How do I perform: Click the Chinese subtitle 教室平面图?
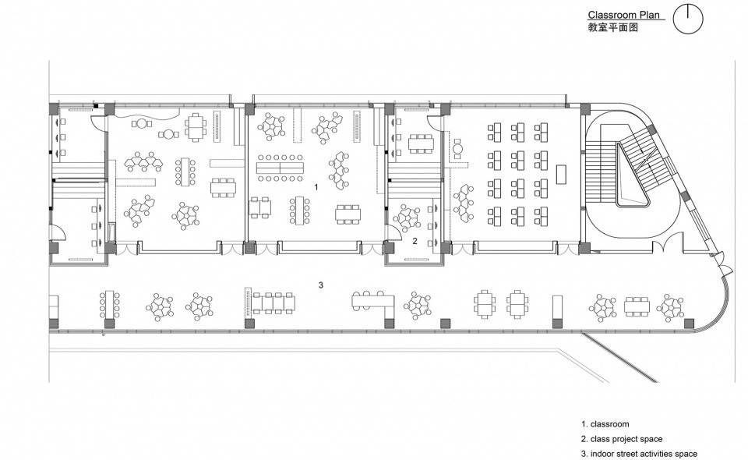click(613, 27)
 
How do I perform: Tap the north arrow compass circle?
click(687, 19)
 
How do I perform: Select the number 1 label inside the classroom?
click(316, 187)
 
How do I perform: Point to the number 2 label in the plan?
click(415, 242)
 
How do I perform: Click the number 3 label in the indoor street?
click(321, 285)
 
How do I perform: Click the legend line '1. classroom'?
click(605, 424)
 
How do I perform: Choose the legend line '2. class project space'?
click(622, 439)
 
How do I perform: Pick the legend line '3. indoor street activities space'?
click(639, 454)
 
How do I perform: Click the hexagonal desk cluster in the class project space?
click(406, 214)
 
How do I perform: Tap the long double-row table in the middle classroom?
click(280, 167)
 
